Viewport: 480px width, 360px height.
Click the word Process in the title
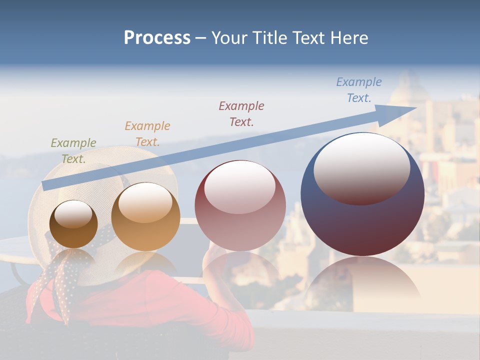click(157, 38)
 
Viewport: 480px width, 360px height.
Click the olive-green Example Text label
click(73, 150)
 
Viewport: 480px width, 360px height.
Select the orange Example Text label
click(147, 133)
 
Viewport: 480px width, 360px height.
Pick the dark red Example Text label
click(241, 113)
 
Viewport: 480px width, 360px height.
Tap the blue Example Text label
click(359, 90)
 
